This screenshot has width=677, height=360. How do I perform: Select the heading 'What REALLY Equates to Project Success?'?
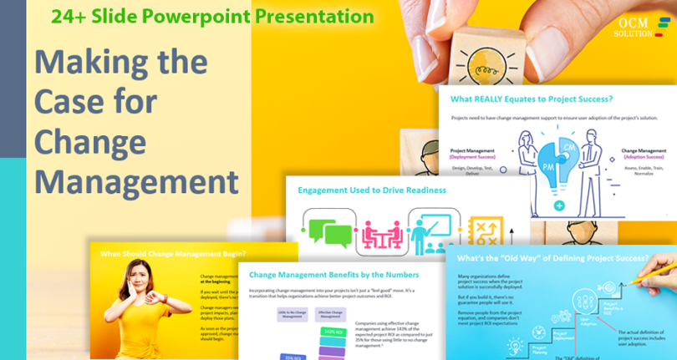531,99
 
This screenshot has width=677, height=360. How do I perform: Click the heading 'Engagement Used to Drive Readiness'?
372,190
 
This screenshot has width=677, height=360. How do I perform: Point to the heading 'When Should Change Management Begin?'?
173,253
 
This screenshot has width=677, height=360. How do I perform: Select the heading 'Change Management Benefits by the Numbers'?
334,273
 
